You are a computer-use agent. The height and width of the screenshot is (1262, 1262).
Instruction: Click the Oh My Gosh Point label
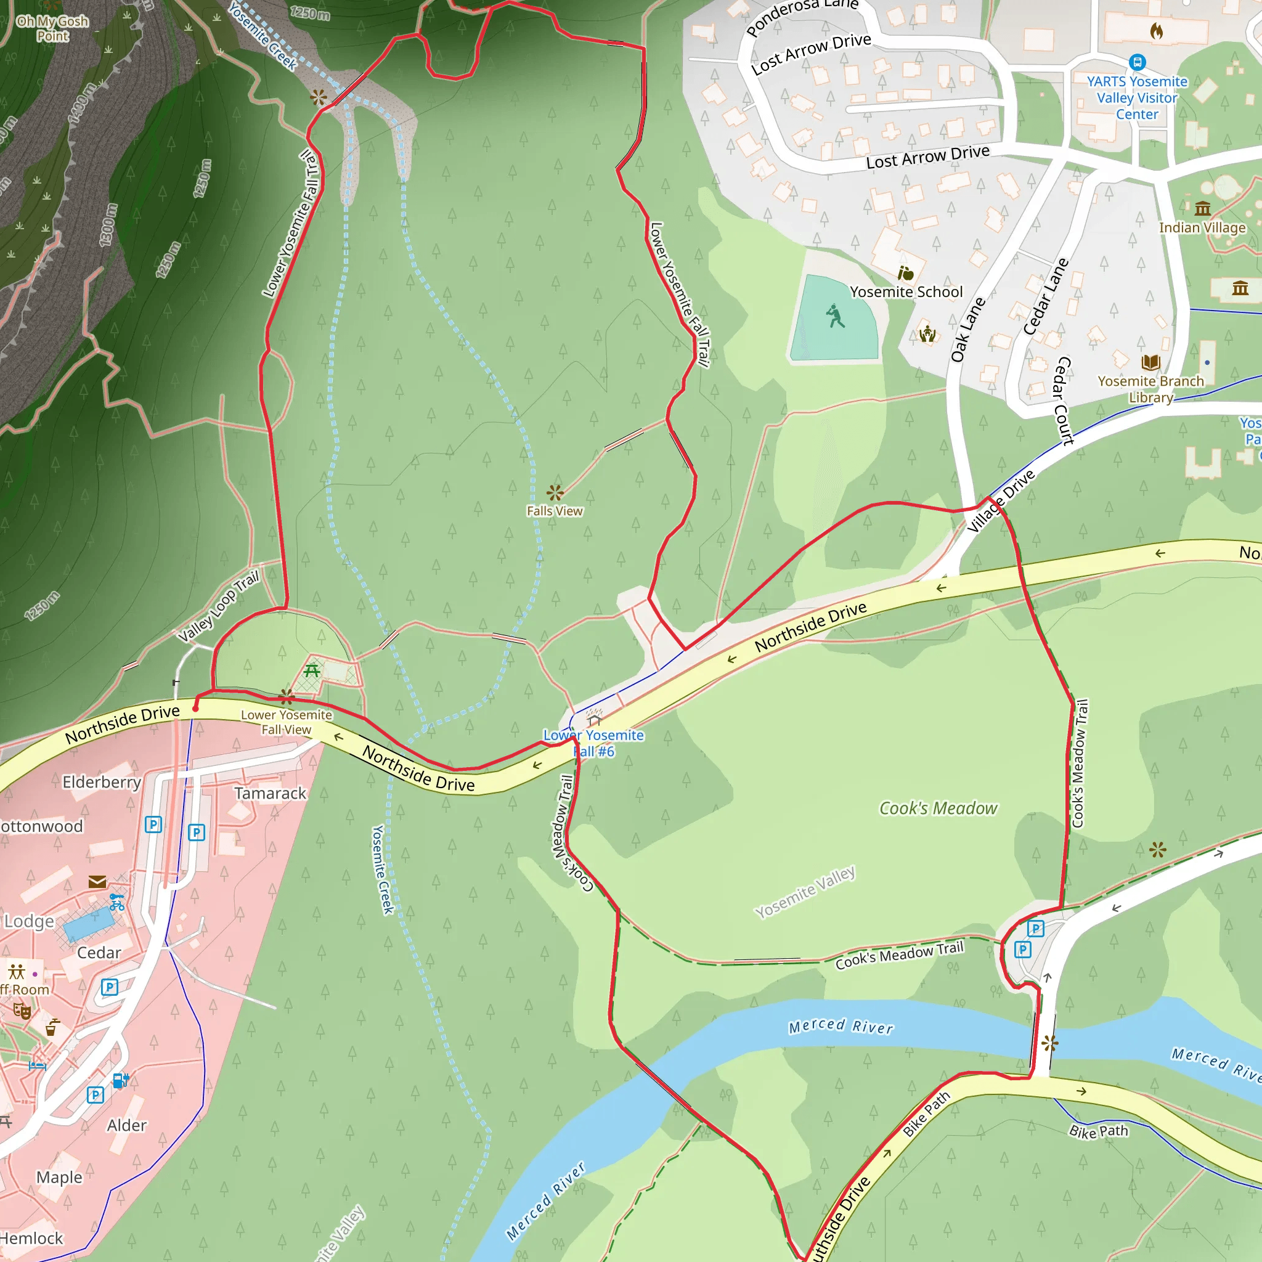(x=52, y=29)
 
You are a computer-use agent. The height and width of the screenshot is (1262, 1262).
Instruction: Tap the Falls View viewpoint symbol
(x=555, y=492)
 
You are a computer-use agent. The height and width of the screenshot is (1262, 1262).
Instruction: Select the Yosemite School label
(x=906, y=292)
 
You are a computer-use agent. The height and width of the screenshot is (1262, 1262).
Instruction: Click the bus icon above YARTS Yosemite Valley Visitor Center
(x=1138, y=63)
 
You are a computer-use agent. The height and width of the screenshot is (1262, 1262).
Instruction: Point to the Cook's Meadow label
(x=938, y=808)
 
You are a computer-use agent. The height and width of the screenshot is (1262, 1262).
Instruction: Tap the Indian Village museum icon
(x=1203, y=209)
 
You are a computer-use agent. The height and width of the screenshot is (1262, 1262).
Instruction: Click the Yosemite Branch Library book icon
(x=1150, y=362)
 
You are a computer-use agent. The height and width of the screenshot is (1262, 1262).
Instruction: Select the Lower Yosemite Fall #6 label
(x=593, y=743)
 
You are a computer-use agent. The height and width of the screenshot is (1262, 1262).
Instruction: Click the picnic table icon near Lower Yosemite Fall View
(x=312, y=670)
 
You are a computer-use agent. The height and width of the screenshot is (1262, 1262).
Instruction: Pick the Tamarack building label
(x=271, y=794)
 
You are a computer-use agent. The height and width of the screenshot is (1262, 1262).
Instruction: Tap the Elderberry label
(x=102, y=783)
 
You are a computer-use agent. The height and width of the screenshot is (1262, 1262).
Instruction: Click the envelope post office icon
(x=97, y=882)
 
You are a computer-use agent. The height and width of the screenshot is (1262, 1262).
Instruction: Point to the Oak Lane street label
(x=967, y=330)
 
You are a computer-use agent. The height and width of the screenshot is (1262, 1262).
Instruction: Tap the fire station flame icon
(x=1156, y=31)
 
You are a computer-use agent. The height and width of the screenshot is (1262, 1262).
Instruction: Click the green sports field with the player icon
(x=834, y=319)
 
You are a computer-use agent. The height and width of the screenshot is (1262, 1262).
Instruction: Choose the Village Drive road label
(x=1001, y=501)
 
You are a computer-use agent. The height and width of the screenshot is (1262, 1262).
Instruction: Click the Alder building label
(x=127, y=1125)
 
